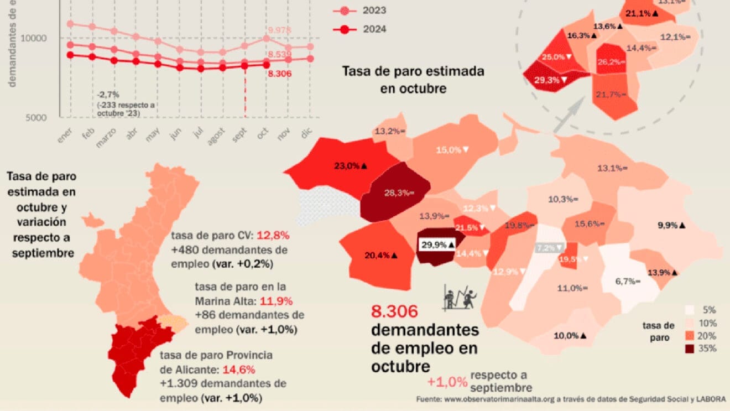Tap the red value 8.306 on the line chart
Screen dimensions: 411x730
tap(279, 74)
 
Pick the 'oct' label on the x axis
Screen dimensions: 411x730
tap(262, 134)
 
